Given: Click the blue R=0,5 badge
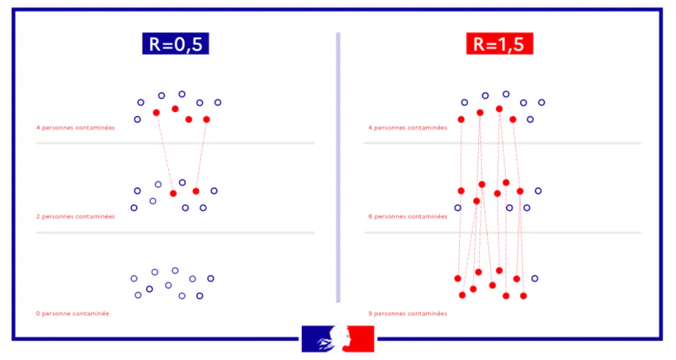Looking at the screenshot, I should point(176,44).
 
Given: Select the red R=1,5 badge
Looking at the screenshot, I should point(500,44).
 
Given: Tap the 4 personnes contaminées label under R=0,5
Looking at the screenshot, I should point(75,128).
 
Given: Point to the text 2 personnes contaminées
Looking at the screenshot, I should point(75,216).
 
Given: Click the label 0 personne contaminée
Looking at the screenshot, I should point(72,313).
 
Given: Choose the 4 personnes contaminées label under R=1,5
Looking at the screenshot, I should point(407,128).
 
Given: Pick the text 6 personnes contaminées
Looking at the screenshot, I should point(407,216).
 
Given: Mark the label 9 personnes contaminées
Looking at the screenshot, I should point(407,313).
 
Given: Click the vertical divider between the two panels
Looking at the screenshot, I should point(338,166).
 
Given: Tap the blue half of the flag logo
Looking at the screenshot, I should point(316,338).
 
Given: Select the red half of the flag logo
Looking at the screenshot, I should point(360,338).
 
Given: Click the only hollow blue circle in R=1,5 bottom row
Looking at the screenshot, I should point(534,279).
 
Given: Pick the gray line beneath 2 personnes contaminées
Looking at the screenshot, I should point(176,232).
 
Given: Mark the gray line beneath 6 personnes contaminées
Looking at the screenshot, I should point(502,232).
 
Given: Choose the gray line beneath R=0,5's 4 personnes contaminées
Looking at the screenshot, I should point(176,143).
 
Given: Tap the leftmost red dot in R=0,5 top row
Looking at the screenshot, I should point(156,113).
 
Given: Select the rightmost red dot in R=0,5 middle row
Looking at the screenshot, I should point(196,191).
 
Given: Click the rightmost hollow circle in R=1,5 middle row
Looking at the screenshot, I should point(538,191).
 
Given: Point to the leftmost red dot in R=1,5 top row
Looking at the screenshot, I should point(461,119).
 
